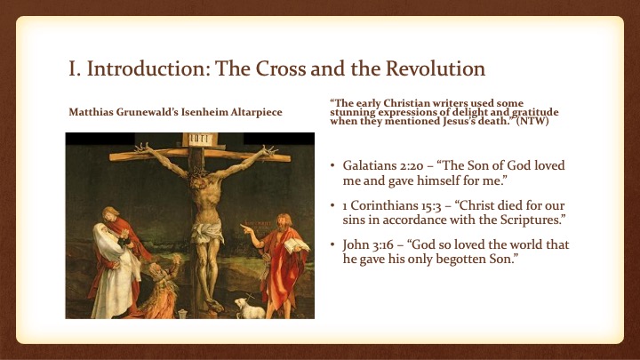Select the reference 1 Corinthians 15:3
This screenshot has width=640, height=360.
click(x=392, y=205)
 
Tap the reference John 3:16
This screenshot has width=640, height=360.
click(x=368, y=245)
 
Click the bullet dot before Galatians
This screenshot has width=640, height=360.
click(x=332, y=165)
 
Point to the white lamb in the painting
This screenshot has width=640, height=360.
click(x=250, y=308)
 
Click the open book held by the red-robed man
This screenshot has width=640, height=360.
click(x=296, y=245)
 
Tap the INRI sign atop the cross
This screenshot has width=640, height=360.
click(x=200, y=140)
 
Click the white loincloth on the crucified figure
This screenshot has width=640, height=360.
click(x=207, y=230)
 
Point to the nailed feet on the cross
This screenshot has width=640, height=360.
click(x=214, y=305)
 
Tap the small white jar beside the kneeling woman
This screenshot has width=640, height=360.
click(x=182, y=314)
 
